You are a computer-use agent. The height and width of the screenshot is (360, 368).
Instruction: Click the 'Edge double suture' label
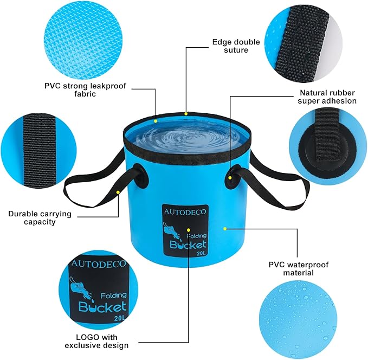(236, 46)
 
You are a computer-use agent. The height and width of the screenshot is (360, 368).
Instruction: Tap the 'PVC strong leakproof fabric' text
(85, 89)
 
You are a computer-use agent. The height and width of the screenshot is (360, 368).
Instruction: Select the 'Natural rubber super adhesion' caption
(327, 97)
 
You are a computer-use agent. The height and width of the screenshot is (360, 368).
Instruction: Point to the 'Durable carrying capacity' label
(40, 218)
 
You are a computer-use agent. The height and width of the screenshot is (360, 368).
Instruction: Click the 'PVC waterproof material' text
(298, 269)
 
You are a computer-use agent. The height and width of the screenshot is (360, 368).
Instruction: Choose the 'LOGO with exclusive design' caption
(96, 341)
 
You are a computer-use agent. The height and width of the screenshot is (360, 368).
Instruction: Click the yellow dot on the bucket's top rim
(186, 114)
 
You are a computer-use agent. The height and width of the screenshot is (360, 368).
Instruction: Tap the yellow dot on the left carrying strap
(118, 192)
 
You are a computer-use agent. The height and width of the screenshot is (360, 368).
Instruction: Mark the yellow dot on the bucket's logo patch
(189, 230)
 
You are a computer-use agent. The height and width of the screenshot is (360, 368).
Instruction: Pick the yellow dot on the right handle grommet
(230, 178)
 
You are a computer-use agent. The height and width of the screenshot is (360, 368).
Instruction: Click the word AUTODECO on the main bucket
(185, 211)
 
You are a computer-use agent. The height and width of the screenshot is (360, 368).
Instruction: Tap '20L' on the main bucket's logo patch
(201, 253)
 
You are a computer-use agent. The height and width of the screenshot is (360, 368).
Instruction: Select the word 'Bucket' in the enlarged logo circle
(102, 307)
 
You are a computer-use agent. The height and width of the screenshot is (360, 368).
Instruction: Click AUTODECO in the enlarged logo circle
(99, 263)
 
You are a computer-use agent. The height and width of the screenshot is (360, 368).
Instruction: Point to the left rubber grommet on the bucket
(141, 177)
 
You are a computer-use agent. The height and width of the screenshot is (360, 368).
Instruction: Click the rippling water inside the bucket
(187, 138)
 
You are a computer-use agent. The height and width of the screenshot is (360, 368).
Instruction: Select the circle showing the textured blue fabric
(83, 40)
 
